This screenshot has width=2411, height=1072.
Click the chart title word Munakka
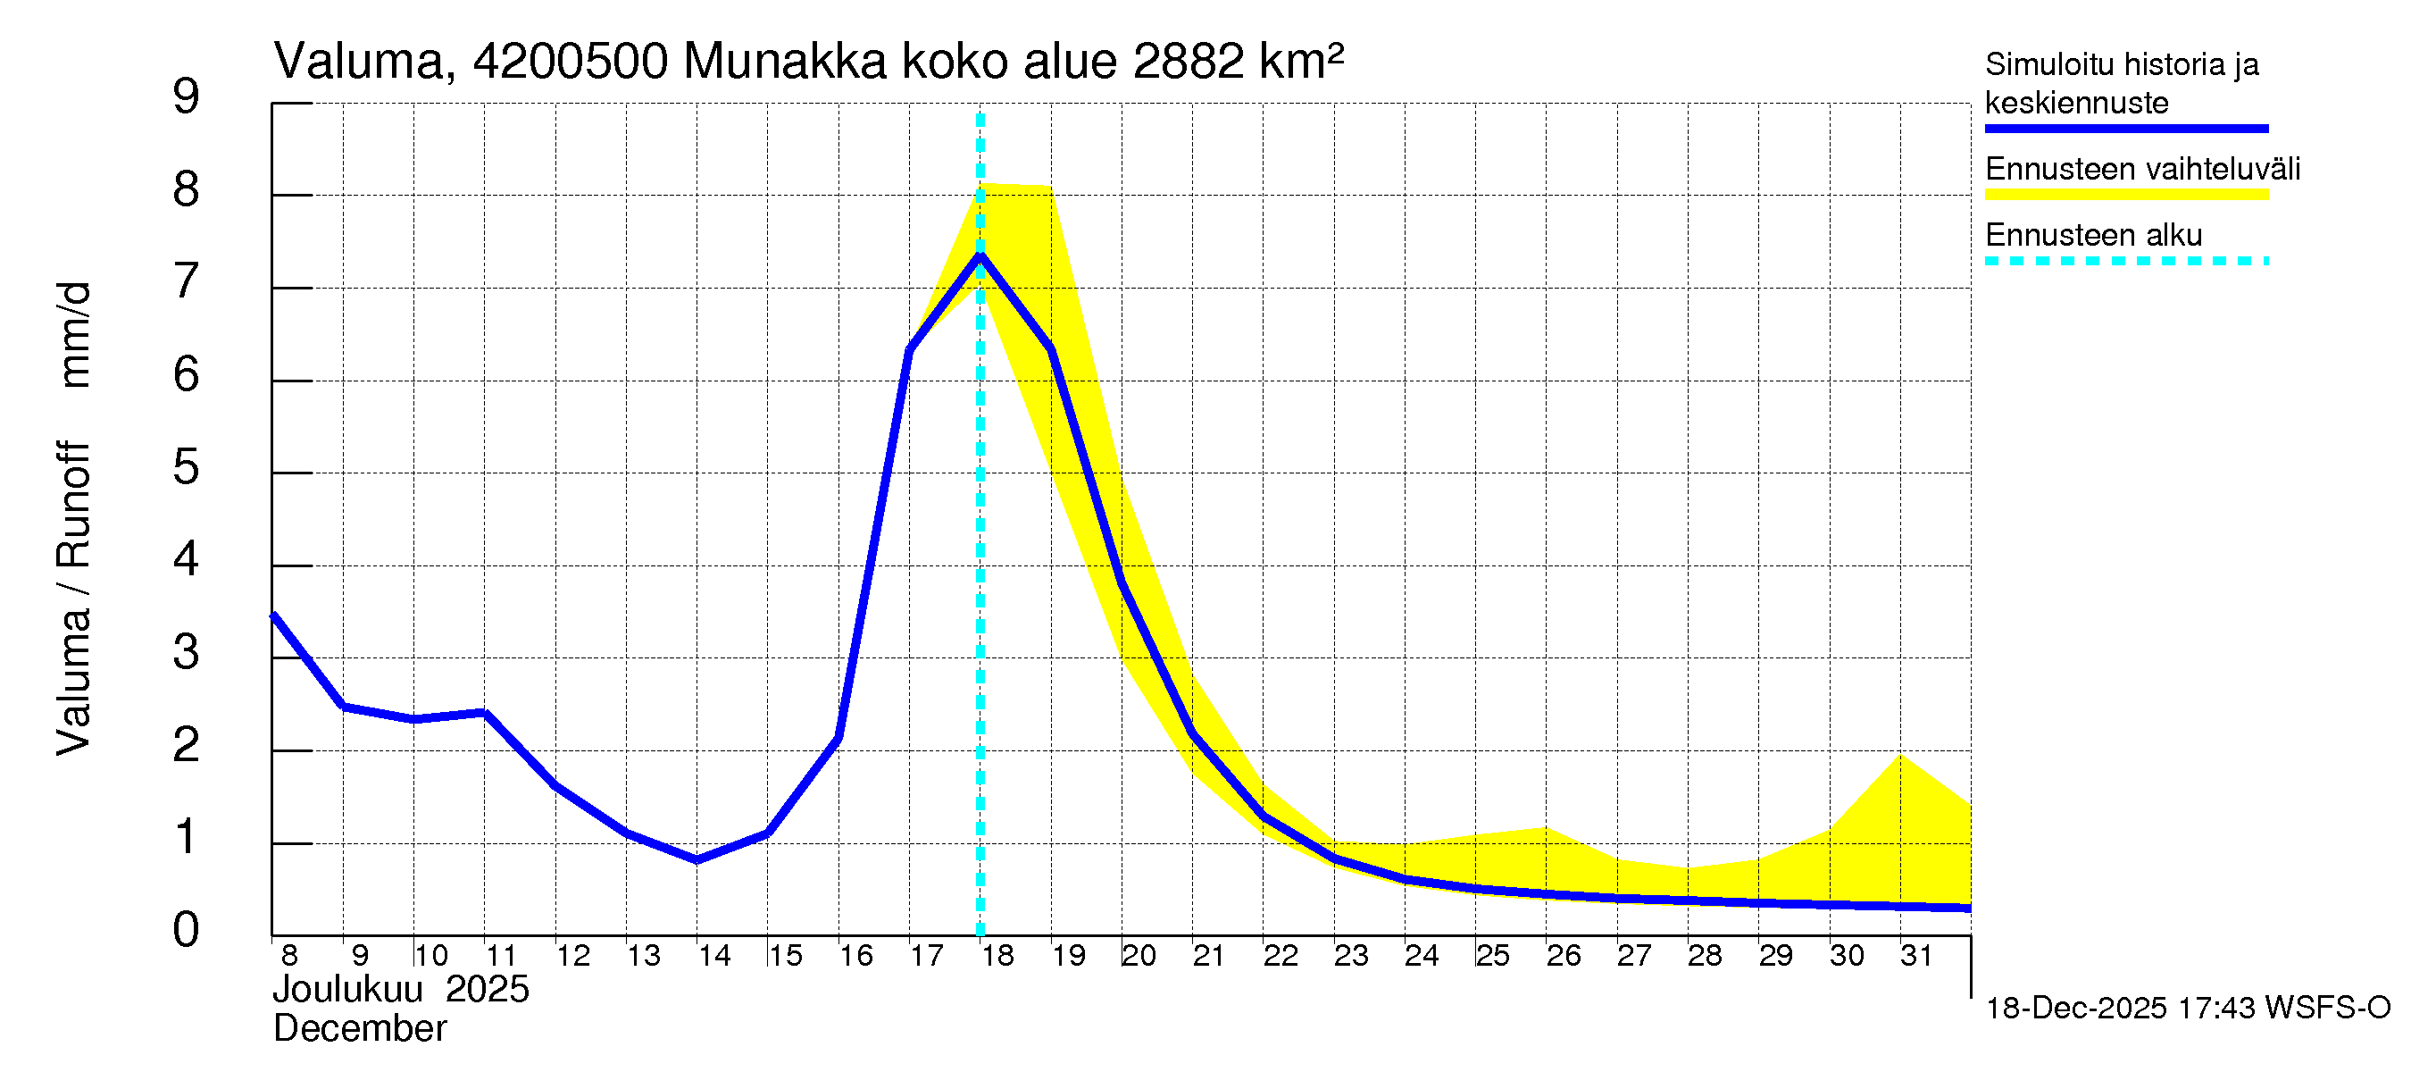[784, 62]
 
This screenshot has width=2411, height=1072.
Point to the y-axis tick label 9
[187, 96]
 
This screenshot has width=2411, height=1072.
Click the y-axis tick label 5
[187, 466]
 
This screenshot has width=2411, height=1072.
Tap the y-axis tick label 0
[187, 930]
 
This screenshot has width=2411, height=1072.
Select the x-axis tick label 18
[997, 956]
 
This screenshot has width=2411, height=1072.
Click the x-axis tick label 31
[1916, 956]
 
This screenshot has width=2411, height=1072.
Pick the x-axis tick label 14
[714, 956]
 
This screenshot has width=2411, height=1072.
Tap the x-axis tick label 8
[289, 956]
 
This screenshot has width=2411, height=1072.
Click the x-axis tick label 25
[1493, 956]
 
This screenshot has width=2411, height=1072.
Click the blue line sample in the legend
[2125, 129]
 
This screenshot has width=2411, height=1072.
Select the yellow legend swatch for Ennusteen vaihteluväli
[2125, 195]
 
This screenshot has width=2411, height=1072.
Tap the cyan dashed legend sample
[2125, 261]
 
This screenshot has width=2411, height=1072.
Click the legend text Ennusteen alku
[2094, 235]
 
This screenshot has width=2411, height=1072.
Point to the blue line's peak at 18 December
[980, 255]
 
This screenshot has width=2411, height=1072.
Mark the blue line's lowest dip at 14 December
[697, 859]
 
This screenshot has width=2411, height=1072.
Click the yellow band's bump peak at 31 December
[1900, 756]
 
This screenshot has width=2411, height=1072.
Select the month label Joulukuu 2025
[401, 990]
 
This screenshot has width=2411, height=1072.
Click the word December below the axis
[359, 1029]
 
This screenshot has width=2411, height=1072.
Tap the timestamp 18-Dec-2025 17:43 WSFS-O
[2187, 1009]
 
